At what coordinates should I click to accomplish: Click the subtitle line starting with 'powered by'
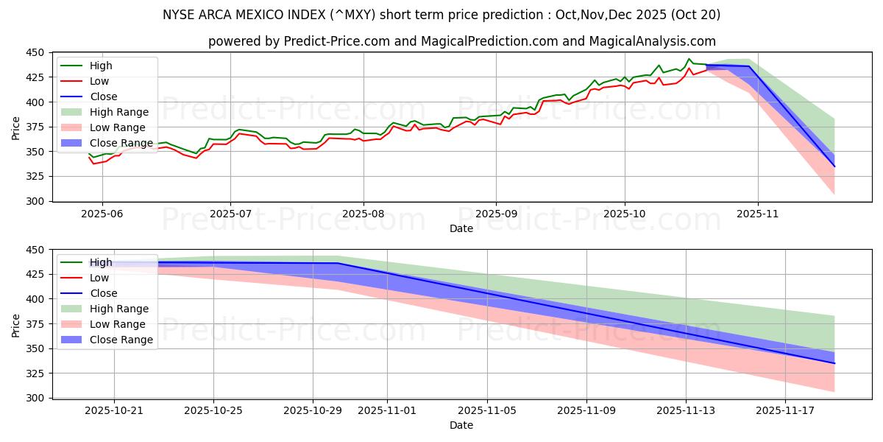(x=461, y=42)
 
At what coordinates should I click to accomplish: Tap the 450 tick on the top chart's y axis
(x=38, y=52)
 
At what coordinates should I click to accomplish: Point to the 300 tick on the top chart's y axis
(x=38, y=201)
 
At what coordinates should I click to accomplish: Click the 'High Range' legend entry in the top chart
(x=118, y=112)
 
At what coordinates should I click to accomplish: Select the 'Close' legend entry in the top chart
(x=103, y=97)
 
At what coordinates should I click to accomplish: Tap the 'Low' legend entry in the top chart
(x=99, y=81)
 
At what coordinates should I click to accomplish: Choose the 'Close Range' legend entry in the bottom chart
(x=121, y=340)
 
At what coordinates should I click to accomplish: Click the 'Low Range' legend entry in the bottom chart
(x=118, y=324)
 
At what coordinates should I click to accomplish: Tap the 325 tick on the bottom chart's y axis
(x=38, y=373)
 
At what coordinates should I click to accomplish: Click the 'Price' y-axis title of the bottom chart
(x=16, y=324)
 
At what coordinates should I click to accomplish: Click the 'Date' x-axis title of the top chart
(x=461, y=228)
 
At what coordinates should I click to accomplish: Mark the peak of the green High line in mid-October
(x=689, y=59)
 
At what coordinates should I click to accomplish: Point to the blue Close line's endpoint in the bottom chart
(x=834, y=363)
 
